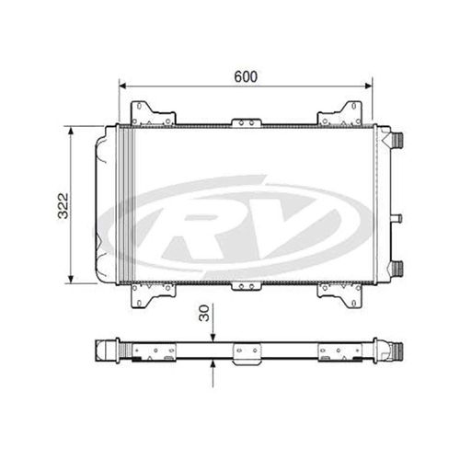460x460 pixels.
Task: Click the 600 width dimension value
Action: pyautogui.click(x=245, y=76)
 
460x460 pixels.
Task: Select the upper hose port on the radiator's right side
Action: pyautogui.click(x=397, y=140)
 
